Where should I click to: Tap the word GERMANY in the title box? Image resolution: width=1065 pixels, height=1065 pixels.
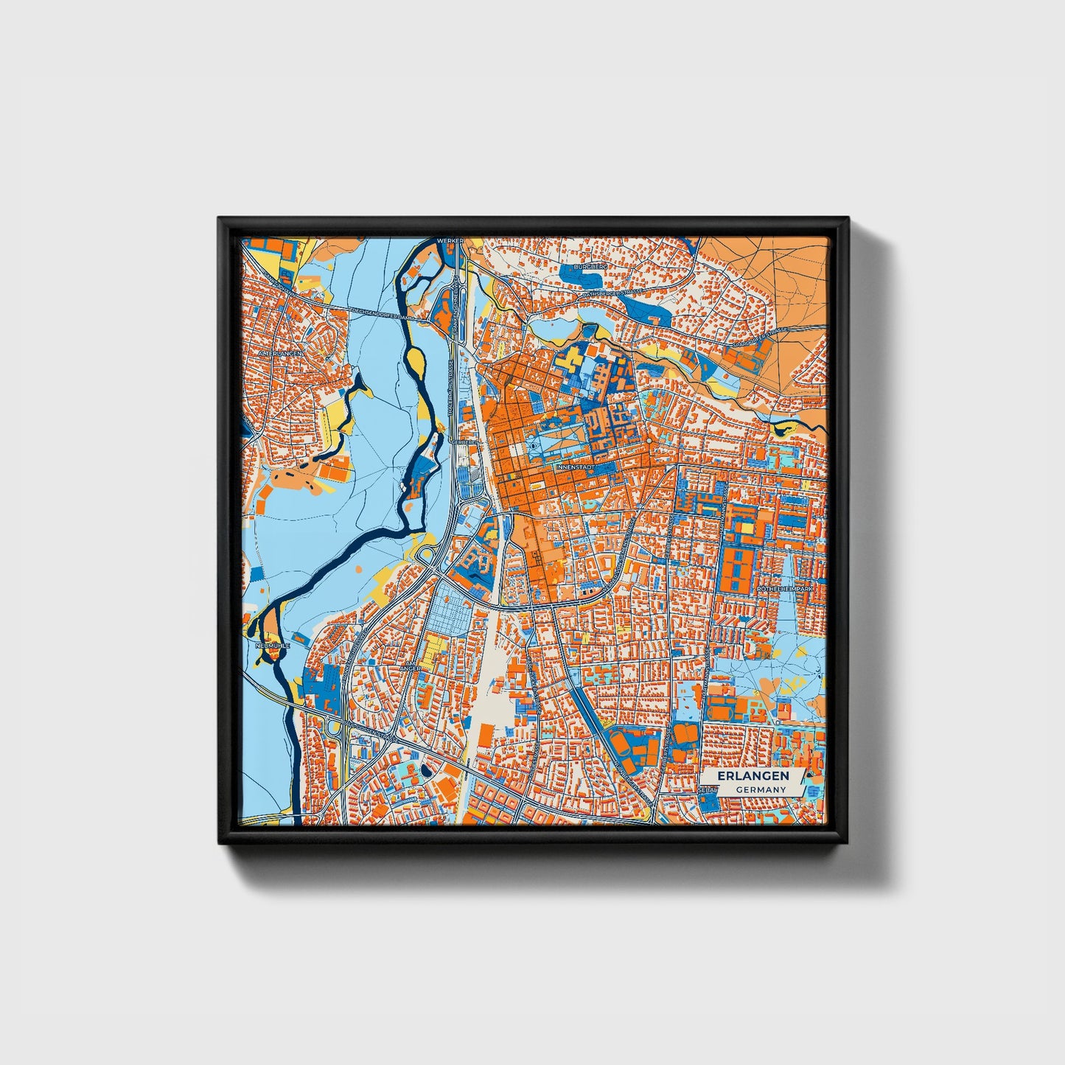point(759,789)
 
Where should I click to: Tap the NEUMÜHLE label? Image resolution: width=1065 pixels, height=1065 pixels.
point(272,645)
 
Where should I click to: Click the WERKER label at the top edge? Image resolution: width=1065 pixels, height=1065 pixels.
point(450,241)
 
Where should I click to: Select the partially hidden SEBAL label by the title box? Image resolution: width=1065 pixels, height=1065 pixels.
point(707,789)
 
